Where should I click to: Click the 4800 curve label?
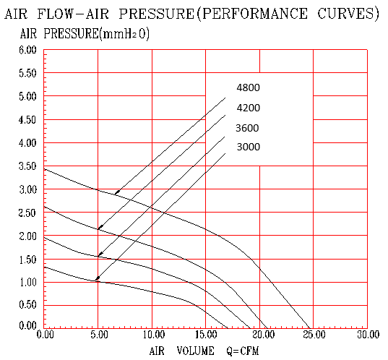pyautogui.click(x=248, y=87)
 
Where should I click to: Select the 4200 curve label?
pyautogui.click(x=249, y=108)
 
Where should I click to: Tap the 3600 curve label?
pyautogui.click(x=247, y=128)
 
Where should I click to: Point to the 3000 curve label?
pyautogui.click(x=249, y=147)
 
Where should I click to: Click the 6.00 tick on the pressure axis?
pyautogui.click(x=27, y=51)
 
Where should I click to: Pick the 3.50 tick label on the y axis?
pyautogui.click(x=27, y=166)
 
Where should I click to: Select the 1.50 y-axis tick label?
pyautogui.click(x=27, y=260)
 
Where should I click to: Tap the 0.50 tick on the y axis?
pyautogui.click(x=27, y=304)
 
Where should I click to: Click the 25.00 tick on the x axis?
pyautogui.click(x=314, y=335)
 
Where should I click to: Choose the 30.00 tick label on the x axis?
pyautogui.click(x=368, y=335)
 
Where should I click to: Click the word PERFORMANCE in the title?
pyautogui.click(x=255, y=13)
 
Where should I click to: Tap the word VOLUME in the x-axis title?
pyautogui.click(x=196, y=351)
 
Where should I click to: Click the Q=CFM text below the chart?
pyautogui.click(x=243, y=351)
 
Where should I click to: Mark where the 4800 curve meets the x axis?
pyautogui.click(x=309, y=328)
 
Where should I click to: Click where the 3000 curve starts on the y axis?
pyautogui.click(x=44, y=267)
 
